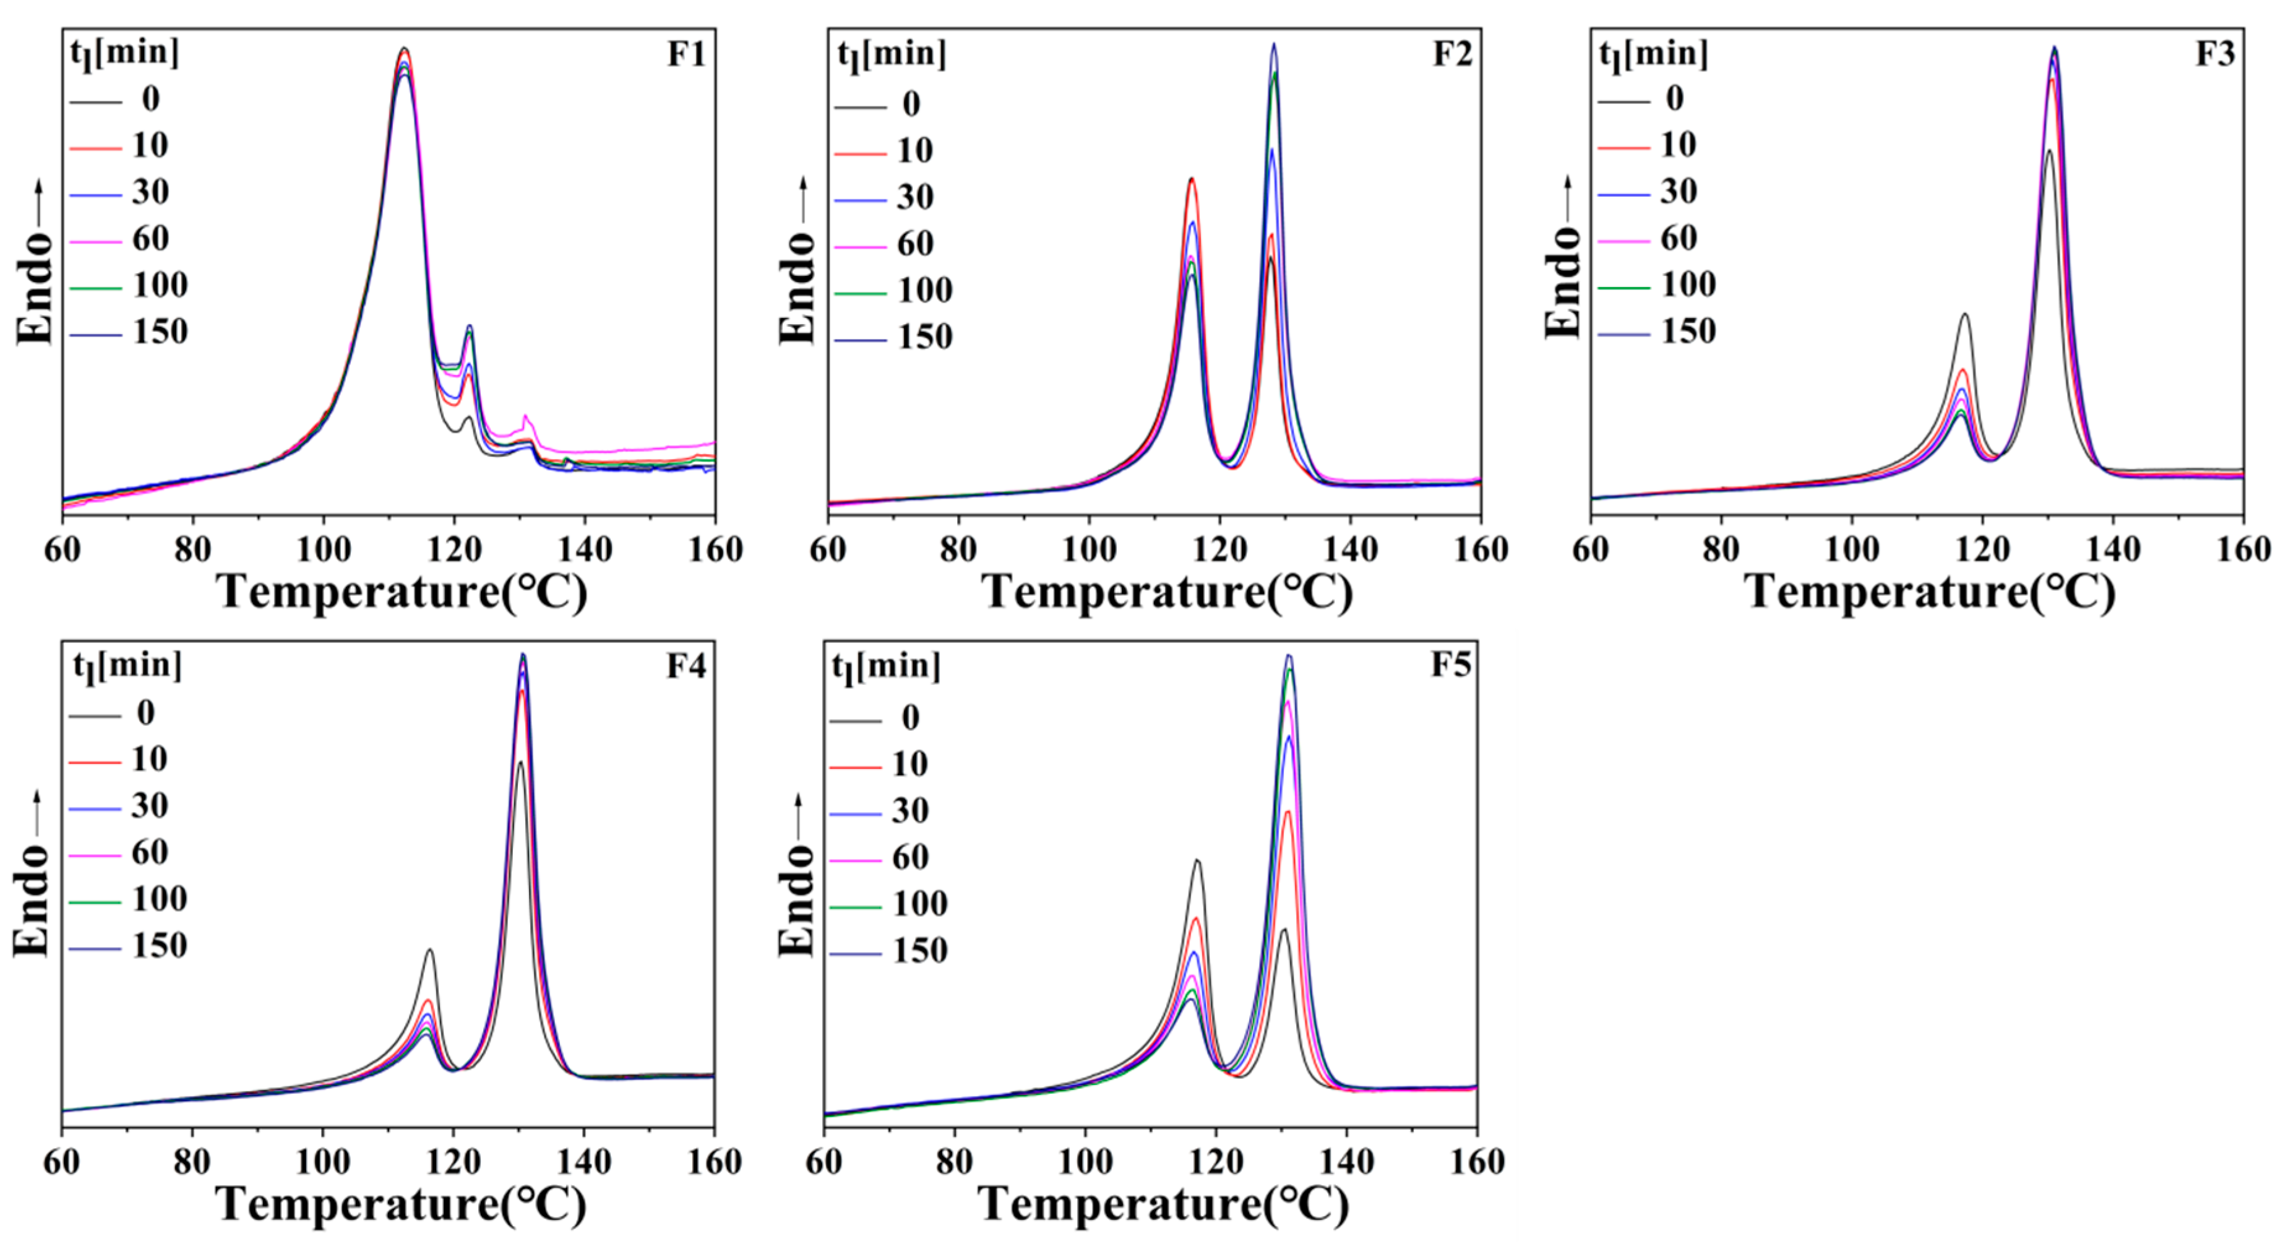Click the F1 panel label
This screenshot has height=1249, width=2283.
(686, 55)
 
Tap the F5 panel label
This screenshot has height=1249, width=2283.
(1451, 665)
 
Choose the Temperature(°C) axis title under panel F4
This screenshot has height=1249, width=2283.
(400, 1204)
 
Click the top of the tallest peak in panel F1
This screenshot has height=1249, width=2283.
(404, 49)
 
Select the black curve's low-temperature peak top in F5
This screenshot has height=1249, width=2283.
(1197, 860)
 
